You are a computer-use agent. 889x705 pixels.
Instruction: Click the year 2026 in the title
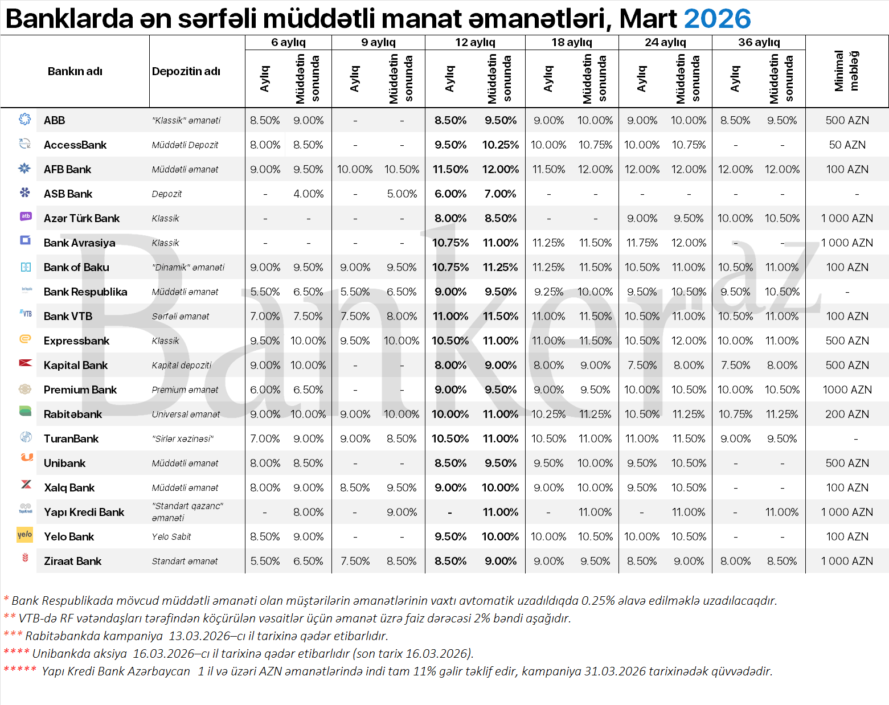tap(717, 19)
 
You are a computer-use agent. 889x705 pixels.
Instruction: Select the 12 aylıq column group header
tap(475, 42)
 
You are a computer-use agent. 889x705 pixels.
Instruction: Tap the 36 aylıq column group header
tap(759, 42)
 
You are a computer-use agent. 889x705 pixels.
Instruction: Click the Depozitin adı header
tap(186, 71)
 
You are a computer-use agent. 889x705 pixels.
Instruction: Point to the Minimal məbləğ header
tap(846, 71)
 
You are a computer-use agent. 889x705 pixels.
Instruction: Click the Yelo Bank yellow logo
tap(25, 535)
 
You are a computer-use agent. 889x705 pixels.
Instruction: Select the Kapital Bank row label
tap(75, 365)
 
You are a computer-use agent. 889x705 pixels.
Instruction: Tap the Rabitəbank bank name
tap(73, 414)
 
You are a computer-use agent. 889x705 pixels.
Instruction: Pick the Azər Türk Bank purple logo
tap(26, 216)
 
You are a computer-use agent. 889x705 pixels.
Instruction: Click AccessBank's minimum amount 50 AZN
tap(847, 145)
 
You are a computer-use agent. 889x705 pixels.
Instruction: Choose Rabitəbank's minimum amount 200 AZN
tap(847, 414)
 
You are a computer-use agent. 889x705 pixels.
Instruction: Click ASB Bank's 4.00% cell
tap(308, 194)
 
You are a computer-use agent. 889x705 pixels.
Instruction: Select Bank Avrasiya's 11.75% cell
tap(642, 243)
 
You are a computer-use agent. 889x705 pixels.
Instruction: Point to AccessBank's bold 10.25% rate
tap(500, 145)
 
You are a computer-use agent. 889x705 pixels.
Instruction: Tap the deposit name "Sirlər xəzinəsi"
tap(183, 438)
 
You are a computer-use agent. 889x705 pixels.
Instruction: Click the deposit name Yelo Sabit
tap(171, 536)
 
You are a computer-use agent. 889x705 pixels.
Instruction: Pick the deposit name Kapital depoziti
tap(182, 365)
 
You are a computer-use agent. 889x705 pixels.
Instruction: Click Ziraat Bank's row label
tap(72, 561)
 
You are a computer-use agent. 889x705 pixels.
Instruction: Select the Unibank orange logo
tap(26, 457)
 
